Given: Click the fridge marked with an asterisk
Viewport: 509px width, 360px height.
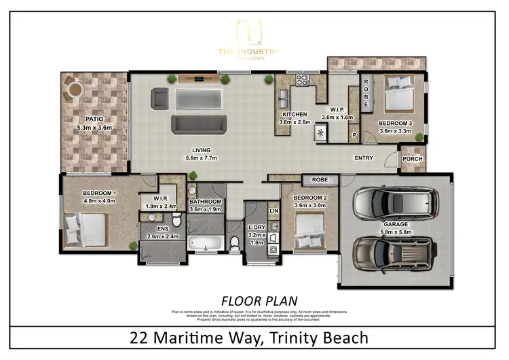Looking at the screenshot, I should click(x=319, y=133).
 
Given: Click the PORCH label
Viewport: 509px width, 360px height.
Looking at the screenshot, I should click(x=412, y=160).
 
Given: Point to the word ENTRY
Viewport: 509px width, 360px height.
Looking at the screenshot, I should click(x=364, y=158).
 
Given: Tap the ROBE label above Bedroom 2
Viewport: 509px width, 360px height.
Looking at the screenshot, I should click(x=320, y=180).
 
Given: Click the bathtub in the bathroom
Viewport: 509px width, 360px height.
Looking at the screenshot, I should click(x=206, y=242).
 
